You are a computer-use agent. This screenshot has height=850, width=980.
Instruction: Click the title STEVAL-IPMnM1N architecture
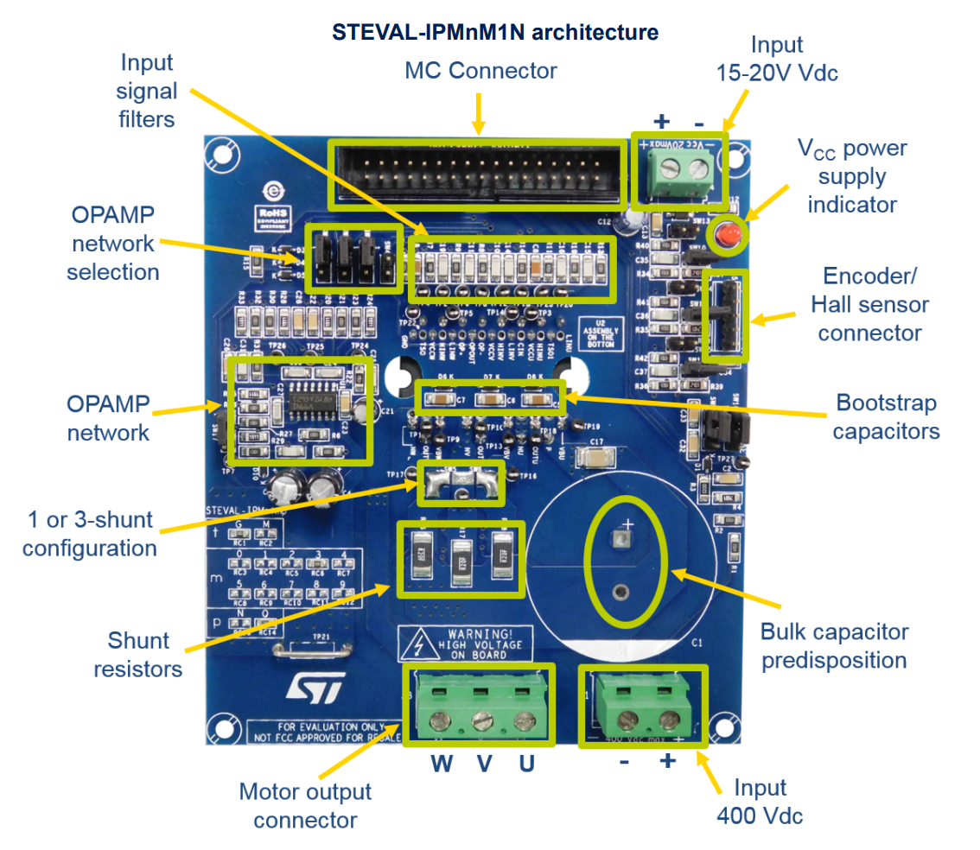coord(495,33)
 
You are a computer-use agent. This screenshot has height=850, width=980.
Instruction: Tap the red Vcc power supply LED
coord(728,234)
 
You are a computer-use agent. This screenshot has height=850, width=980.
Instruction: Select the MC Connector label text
coord(481,71)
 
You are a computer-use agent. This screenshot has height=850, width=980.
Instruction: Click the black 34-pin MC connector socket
coord(478,175)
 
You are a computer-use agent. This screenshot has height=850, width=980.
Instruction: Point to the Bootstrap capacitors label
coord(886,416)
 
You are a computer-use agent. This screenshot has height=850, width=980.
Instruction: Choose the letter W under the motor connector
coord(442,764)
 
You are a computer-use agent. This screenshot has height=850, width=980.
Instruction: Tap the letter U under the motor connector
coord(526,764)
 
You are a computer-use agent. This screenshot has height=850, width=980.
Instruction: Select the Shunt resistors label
coord(138,654)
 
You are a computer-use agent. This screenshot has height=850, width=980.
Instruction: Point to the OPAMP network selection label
coord(113,243)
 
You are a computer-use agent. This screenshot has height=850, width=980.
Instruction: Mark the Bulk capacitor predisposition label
coord(834,646)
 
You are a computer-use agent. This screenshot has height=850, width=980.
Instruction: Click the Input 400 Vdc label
coord(760,801)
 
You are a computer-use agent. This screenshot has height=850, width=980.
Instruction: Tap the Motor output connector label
coord(305,805)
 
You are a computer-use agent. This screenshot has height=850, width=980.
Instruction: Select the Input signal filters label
coord(147,90)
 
